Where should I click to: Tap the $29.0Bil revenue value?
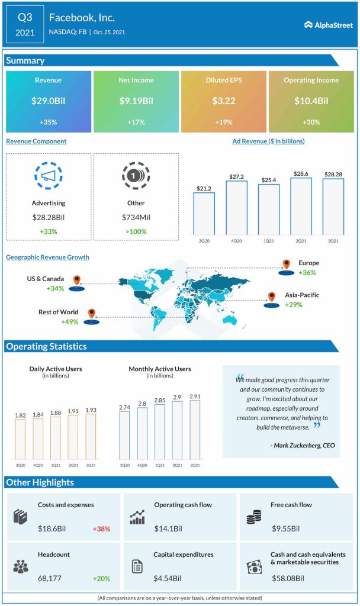[49, 101]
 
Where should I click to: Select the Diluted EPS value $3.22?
[224, 101]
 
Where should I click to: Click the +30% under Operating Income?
[311, 123]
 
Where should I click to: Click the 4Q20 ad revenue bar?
[236, 208]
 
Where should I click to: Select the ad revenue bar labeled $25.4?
[269, 209]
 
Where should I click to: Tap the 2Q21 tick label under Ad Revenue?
[301, 241]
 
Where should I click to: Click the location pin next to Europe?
[287, 265]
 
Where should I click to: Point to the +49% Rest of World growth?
[70, 322]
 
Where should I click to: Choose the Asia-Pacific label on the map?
[301, 295]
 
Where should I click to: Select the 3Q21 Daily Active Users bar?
[91, 436]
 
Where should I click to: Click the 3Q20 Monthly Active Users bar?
[125, 436]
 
